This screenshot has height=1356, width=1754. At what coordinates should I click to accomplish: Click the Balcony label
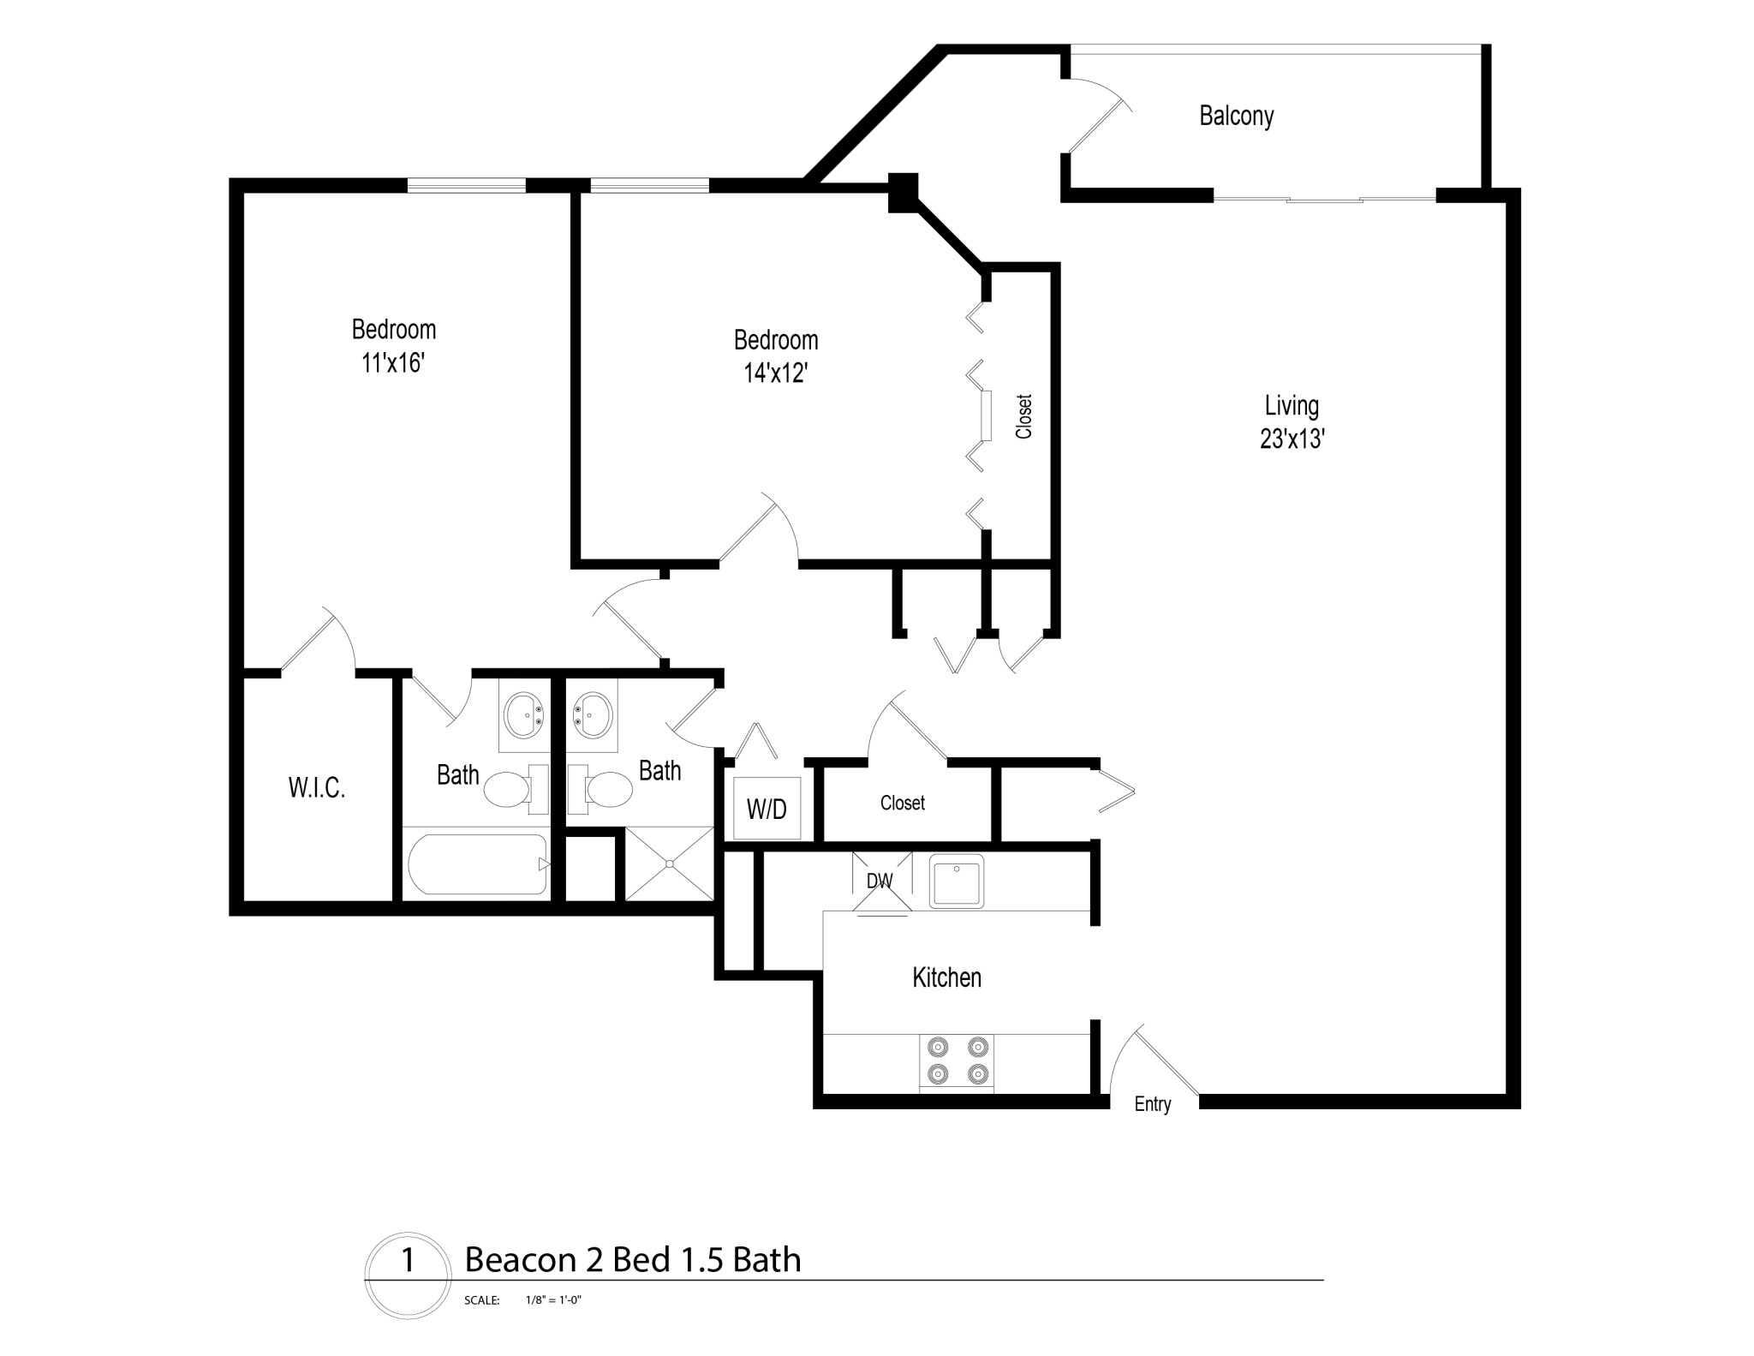point(1236,116)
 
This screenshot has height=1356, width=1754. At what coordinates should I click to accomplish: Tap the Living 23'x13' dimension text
point(1292,439)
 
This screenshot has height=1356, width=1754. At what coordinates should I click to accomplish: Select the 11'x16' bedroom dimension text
point(393,363)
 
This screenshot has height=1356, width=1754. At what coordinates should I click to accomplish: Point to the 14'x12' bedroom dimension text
point(776,373)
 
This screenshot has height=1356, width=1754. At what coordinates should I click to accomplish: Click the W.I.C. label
point(317,788)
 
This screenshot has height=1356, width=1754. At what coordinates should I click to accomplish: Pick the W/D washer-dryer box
point(767,808)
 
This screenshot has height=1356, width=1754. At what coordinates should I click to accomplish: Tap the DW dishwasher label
point(880,881)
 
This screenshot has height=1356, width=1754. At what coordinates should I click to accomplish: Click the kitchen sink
point(957,882)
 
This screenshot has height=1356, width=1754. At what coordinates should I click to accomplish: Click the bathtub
point(477,864)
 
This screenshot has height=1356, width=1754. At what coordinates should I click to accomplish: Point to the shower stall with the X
point(669,863)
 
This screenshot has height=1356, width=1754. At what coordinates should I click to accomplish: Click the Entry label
point(1153,1104)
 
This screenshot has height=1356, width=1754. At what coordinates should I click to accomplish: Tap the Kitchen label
point(946,977)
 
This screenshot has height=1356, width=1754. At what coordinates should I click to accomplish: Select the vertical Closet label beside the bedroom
point(1023,416)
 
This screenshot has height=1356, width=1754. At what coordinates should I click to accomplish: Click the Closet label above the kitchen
point(903,803)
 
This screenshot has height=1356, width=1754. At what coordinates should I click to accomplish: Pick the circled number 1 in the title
point(408,1259)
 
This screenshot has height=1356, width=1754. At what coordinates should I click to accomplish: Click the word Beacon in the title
point(520,1260)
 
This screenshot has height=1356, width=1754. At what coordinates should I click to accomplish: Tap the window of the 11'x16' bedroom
point(466,184)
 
